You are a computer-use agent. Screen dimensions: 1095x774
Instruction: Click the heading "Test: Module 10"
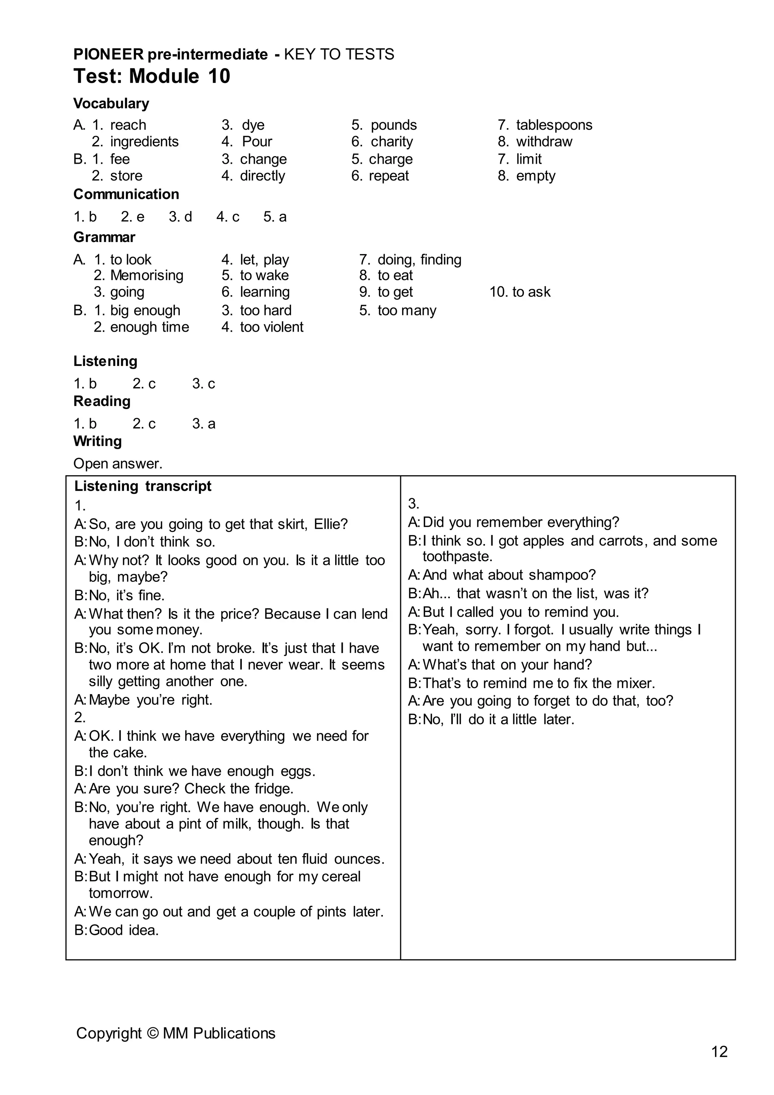[x=152, y=76]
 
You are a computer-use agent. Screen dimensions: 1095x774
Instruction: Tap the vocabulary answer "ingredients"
[x=144, y=142]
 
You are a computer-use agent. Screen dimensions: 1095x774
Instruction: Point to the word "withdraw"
[x=544, y=142]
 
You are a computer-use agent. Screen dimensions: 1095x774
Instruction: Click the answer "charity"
[x=392, y=142]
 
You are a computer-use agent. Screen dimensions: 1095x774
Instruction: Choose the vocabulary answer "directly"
[x=262, y=176]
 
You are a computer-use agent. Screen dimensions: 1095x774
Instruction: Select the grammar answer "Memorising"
[x=147, y=276]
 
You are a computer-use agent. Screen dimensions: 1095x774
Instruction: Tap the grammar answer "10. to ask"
[x=520, y=292]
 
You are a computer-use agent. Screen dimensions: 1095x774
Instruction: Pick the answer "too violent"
[x=272, y=327]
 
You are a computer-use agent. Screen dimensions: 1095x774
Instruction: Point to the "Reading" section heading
[x=102, y=402]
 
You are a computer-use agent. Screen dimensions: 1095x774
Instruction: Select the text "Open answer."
[x=118, y=464]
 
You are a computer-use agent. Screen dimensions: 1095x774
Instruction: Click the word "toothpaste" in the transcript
[x=457, y=557]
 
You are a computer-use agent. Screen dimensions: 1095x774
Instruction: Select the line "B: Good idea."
[x=117, y=931]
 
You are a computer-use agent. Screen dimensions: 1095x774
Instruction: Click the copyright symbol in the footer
[x=153, y=1033]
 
